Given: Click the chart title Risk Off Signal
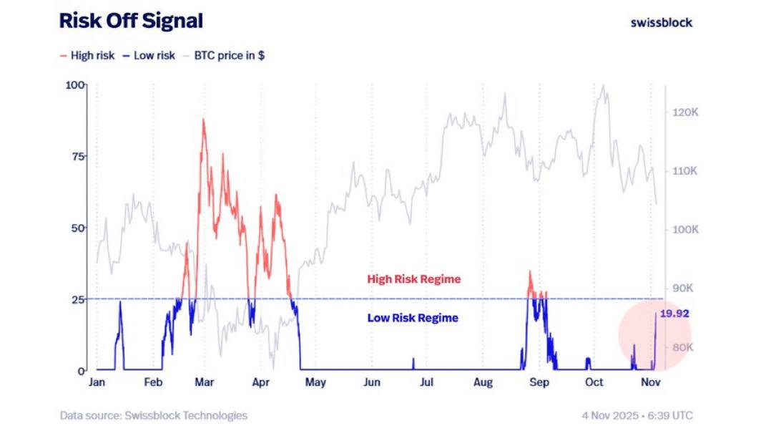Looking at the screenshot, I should point(131,21).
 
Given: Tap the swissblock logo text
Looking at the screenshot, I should point(661,22).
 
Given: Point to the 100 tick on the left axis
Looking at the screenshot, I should point(75,85).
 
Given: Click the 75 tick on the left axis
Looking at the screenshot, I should point(77,156).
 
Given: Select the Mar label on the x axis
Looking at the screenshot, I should point(205,382).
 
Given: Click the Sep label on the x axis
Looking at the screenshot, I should point(539,382).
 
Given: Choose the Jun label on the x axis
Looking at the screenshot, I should point(372,382).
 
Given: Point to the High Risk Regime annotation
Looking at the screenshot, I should point(413,279).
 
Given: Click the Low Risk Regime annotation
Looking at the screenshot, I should point(413,318).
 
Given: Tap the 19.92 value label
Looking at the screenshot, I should point(674,314).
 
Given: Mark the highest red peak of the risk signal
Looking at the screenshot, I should point(203,120).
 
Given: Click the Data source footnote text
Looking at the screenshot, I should point(153,415).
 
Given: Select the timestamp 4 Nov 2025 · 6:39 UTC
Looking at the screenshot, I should point(637,415).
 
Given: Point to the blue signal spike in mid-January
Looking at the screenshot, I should point(120,304).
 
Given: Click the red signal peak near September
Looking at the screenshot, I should point(530,272).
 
